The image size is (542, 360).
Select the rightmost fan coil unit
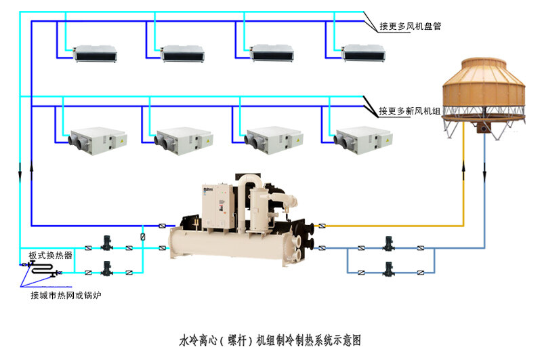(364, 53)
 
